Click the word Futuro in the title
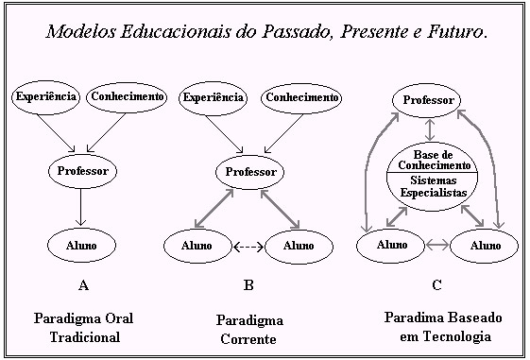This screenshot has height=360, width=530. pyautogui.click(x=455, y=31)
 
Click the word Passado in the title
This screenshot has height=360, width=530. pyautogui.click(x=295, y=31)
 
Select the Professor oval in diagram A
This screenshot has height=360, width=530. pyautogui.click(x=82, y=171)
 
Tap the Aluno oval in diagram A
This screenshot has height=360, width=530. pyautogui.click(x=81, y=245)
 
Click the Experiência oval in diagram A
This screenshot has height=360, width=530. pyautogui.click(x=46, y=97)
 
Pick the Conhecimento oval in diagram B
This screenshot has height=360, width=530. pyautogui.click(x=301, y=97)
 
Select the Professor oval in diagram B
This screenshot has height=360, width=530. pyautogui.click(x=250, y=172)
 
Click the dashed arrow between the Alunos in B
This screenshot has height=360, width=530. pyautogui.click(x=248, y=248)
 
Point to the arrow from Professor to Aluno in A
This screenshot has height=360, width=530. pyautogui.click(x=80, y=207)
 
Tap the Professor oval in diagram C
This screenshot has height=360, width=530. pyautogui.click(x=427, y=100)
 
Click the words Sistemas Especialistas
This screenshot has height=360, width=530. pyautogui.click(x=434, y=186)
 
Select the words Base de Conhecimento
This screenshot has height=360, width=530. pyautogui.click(x=434, y=160)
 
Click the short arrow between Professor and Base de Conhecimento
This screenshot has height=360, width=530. pyautogui.click(x=430, y=129)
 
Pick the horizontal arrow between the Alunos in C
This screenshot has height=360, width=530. pyautogui.click(x=437, y=245)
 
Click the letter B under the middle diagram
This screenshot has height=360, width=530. pyautogui.click(x=248, y=285)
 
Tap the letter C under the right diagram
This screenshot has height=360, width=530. pyautogui.click(x=436, y=285)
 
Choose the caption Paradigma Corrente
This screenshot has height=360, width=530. pyautogui.click(x=249, y=329)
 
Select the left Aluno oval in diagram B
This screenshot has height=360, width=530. pyautogui.click(x=198, y=246)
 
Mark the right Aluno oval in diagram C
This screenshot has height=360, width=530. pyautogui.click(x=484, y=246)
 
